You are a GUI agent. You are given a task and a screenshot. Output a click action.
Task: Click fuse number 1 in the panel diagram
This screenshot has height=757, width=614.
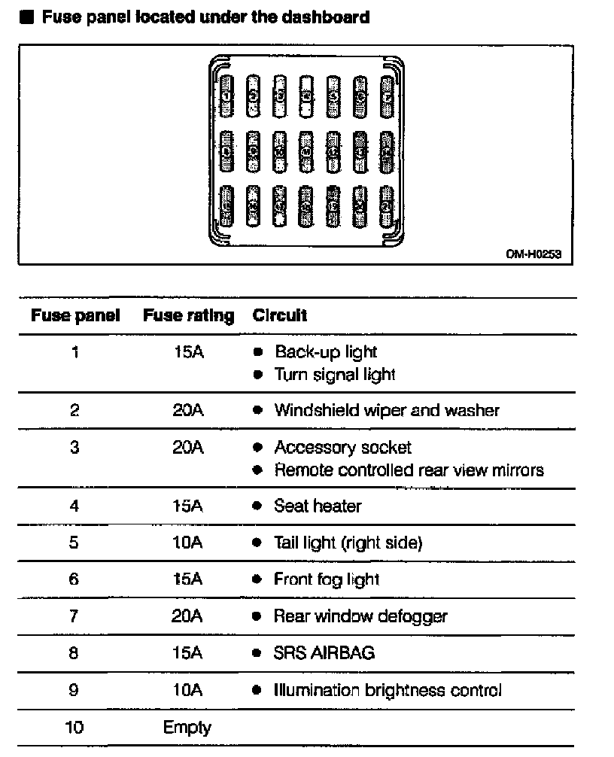click(227, 96)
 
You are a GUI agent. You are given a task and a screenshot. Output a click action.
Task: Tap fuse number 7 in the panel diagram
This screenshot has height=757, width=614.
click(388, 96)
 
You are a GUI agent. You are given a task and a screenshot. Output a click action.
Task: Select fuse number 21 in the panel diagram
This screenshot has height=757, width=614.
click(388, 204)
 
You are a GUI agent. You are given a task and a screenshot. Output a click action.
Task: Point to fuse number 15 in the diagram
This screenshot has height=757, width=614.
click(227, 204)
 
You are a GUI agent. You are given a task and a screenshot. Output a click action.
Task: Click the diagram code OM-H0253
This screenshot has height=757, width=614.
click(533, 255)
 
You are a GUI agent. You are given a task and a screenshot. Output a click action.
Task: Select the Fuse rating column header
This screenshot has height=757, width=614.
click(188, 315)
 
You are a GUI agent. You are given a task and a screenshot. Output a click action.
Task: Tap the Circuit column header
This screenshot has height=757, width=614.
click(280, 315)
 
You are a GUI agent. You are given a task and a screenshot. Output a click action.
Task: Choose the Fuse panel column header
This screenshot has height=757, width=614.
click(75, 315)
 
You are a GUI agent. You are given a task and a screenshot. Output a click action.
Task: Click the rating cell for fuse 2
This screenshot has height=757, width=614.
click(188, 410)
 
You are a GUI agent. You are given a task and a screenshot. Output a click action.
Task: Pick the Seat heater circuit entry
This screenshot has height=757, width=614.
click(318, 506)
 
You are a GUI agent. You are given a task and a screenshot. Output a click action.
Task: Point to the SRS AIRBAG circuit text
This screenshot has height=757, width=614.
click(324, 652)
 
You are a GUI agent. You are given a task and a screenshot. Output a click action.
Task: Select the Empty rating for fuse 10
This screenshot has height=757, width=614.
click(187, 728)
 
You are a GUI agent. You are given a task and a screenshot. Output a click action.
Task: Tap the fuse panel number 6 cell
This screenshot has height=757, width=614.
click(74, 579)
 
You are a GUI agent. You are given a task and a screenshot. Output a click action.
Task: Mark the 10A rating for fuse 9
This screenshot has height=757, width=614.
click(188, 689)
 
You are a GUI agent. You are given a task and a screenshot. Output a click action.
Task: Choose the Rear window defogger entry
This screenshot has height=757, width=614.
click(360, 616)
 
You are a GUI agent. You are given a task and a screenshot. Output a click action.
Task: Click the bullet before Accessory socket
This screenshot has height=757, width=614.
click(257, 448)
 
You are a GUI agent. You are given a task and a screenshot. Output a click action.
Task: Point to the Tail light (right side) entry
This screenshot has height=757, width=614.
click(348, 543)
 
